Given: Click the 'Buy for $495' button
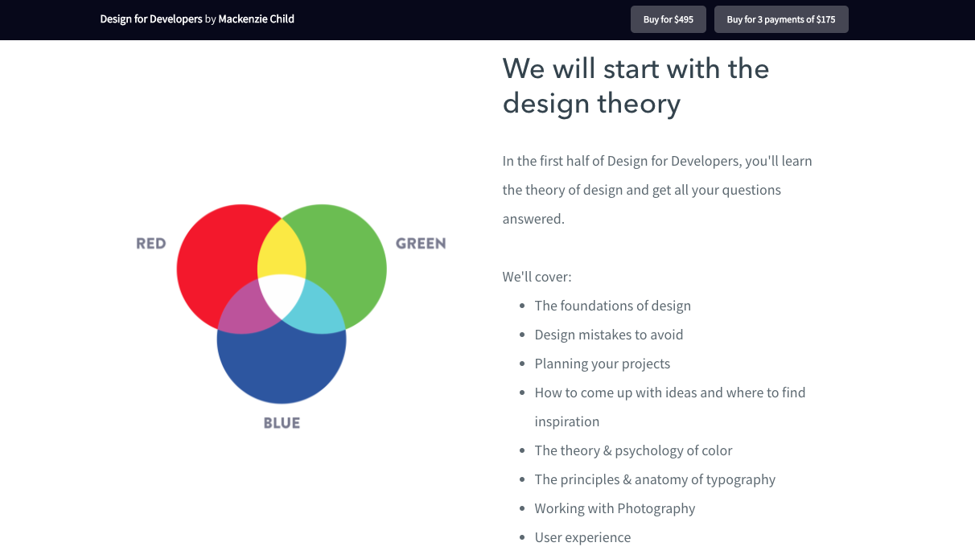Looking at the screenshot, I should pos(668,19).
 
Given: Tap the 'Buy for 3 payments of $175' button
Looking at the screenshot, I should pos(781,19).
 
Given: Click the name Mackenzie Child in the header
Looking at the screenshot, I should pos(256,19).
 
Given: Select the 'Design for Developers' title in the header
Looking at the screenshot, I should pos(151,19).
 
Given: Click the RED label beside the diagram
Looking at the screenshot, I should pos(150,244).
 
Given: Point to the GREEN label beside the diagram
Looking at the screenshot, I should pos(420,244).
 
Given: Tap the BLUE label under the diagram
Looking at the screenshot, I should pos(282,423).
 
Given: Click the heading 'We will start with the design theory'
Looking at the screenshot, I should pos(636,86).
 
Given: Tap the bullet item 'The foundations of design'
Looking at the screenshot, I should pos(612,306).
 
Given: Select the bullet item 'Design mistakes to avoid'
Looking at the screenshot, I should pos(608,335).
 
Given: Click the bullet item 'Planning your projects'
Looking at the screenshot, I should pos(602,364).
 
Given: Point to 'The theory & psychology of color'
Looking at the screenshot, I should pos(633,450).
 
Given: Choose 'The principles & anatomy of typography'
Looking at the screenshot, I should pos(655,479).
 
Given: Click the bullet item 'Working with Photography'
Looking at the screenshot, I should pos(615,508).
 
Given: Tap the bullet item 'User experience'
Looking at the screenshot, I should pos(582,537).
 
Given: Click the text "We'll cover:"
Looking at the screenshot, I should pos(537,277).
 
